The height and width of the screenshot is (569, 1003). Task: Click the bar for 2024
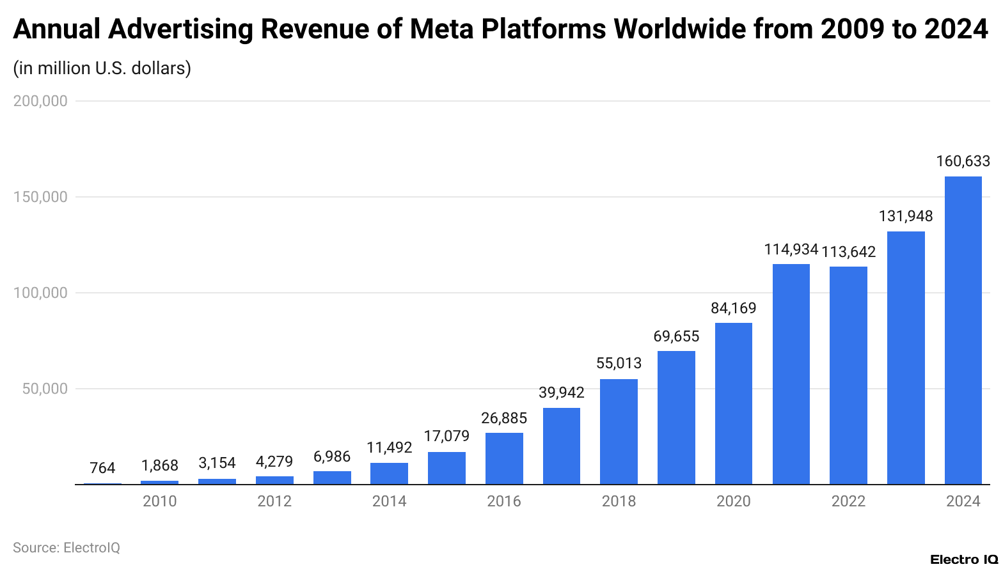point(963,330)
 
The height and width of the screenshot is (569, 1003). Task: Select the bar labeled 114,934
point(791,374)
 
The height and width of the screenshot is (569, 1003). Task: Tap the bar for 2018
point(619,432)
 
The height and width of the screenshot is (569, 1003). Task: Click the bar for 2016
point(504,458)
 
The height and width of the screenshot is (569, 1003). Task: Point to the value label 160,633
point(963,161)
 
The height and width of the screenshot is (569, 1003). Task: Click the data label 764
point(102,468)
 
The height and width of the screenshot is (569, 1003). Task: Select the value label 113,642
point(848,252)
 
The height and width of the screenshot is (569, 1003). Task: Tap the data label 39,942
point(561,393)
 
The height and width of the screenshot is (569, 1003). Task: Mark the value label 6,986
point(332,456)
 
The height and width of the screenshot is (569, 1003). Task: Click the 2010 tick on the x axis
point(159,501)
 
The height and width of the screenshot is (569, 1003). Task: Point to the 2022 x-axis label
point(848,501)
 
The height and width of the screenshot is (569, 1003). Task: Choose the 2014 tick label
point(389,501)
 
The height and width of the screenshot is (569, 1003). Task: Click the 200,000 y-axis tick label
point(40,101)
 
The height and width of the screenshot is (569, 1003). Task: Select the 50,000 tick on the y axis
point(45,389)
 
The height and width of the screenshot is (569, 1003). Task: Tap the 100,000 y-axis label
point(40,293)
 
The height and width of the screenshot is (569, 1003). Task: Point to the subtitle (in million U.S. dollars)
point(102,68)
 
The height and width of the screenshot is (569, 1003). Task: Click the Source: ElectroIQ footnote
point(67,548)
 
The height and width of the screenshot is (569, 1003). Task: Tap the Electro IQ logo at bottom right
point(963,559)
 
